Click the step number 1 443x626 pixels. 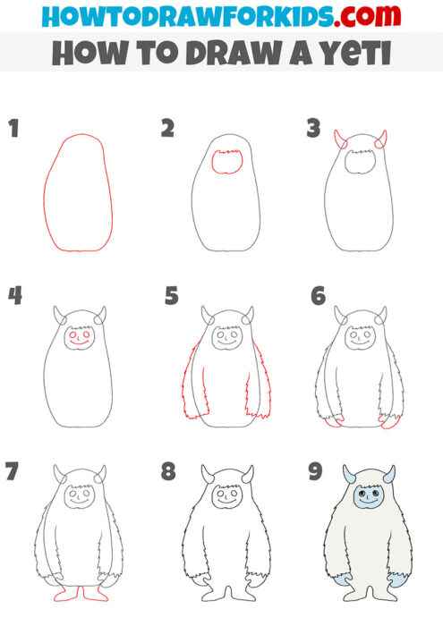[x=13, y=129]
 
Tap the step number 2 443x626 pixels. [x=167, y=129]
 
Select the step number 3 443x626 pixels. [x=312, y=129]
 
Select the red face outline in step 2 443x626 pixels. [x=227, y=163]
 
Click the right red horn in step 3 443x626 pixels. [x=382, y=140]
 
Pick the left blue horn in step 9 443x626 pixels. [x=347, y=474]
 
